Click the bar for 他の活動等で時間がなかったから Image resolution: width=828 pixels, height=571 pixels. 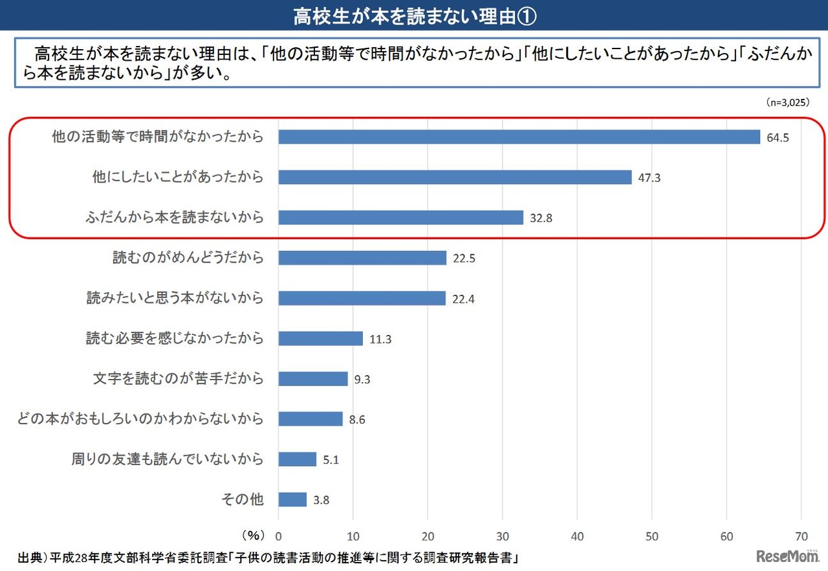(519, 137)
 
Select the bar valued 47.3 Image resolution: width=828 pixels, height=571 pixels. (455, 177)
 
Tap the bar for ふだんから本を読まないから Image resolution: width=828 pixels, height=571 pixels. (400, 217)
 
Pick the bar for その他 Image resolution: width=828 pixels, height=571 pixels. (292, 499)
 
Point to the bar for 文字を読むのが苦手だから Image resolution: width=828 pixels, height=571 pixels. (313, 379)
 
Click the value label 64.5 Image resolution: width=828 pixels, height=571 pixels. (778, 138)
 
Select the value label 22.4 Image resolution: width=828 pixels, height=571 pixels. (464, 299)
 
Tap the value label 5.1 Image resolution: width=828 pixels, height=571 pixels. (331, 460)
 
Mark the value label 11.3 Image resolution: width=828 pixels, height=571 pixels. (380, 339)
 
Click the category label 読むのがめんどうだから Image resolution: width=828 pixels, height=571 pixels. (188, 257)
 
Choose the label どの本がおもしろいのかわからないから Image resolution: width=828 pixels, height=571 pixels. (140, 418)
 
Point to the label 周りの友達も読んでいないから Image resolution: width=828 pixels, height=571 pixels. (168, 459)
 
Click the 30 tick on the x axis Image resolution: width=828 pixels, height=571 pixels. (503, 536)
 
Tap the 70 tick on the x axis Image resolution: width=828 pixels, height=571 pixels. (801, 536)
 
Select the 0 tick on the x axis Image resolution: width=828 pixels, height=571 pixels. (279, 536)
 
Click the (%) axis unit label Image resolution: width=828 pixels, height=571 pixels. (253, 535)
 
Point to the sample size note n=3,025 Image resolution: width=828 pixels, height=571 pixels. (787, 102)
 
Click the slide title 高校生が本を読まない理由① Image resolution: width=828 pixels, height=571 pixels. (414, 16)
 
